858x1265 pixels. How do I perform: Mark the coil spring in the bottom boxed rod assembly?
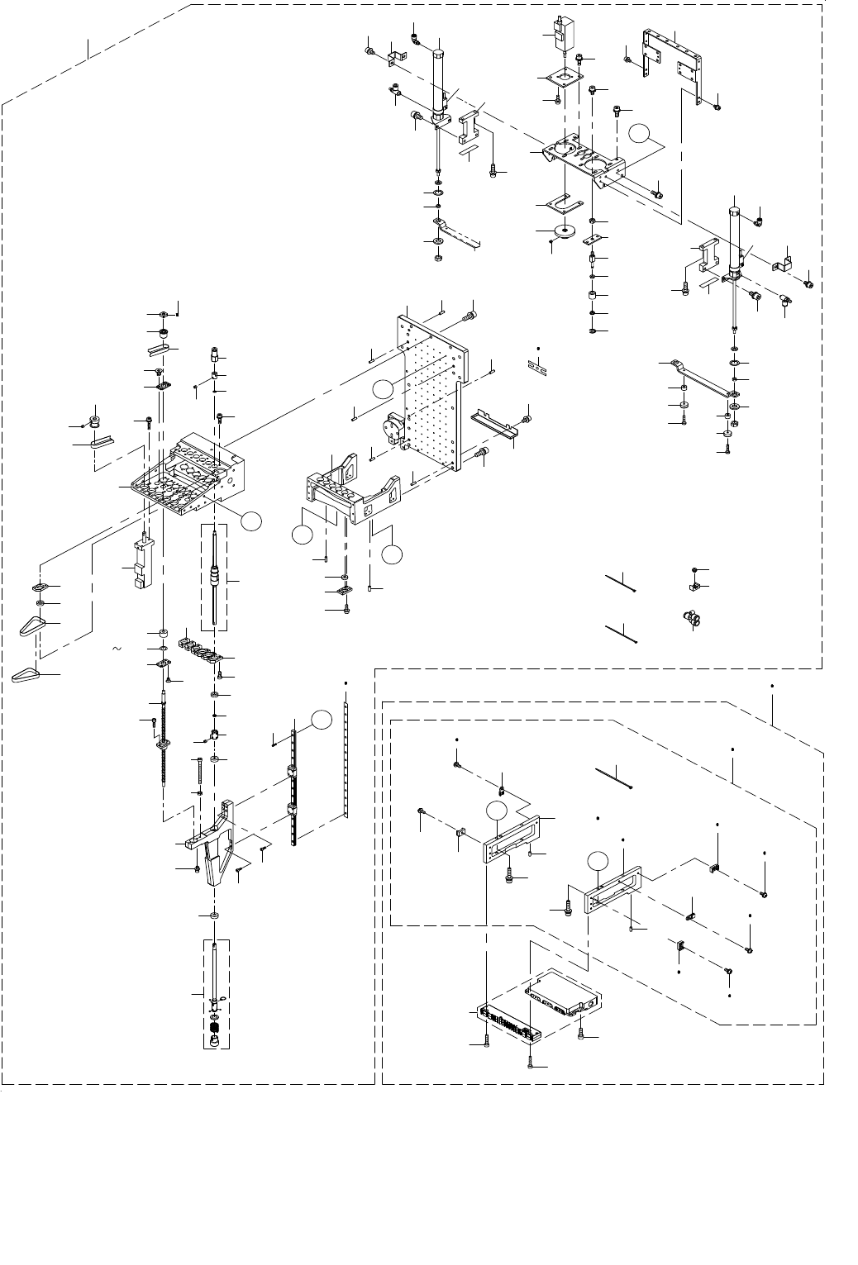click(215, 1029)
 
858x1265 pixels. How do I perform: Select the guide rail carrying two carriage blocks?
click(293, 793)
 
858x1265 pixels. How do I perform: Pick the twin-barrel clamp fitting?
click(688, 617)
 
